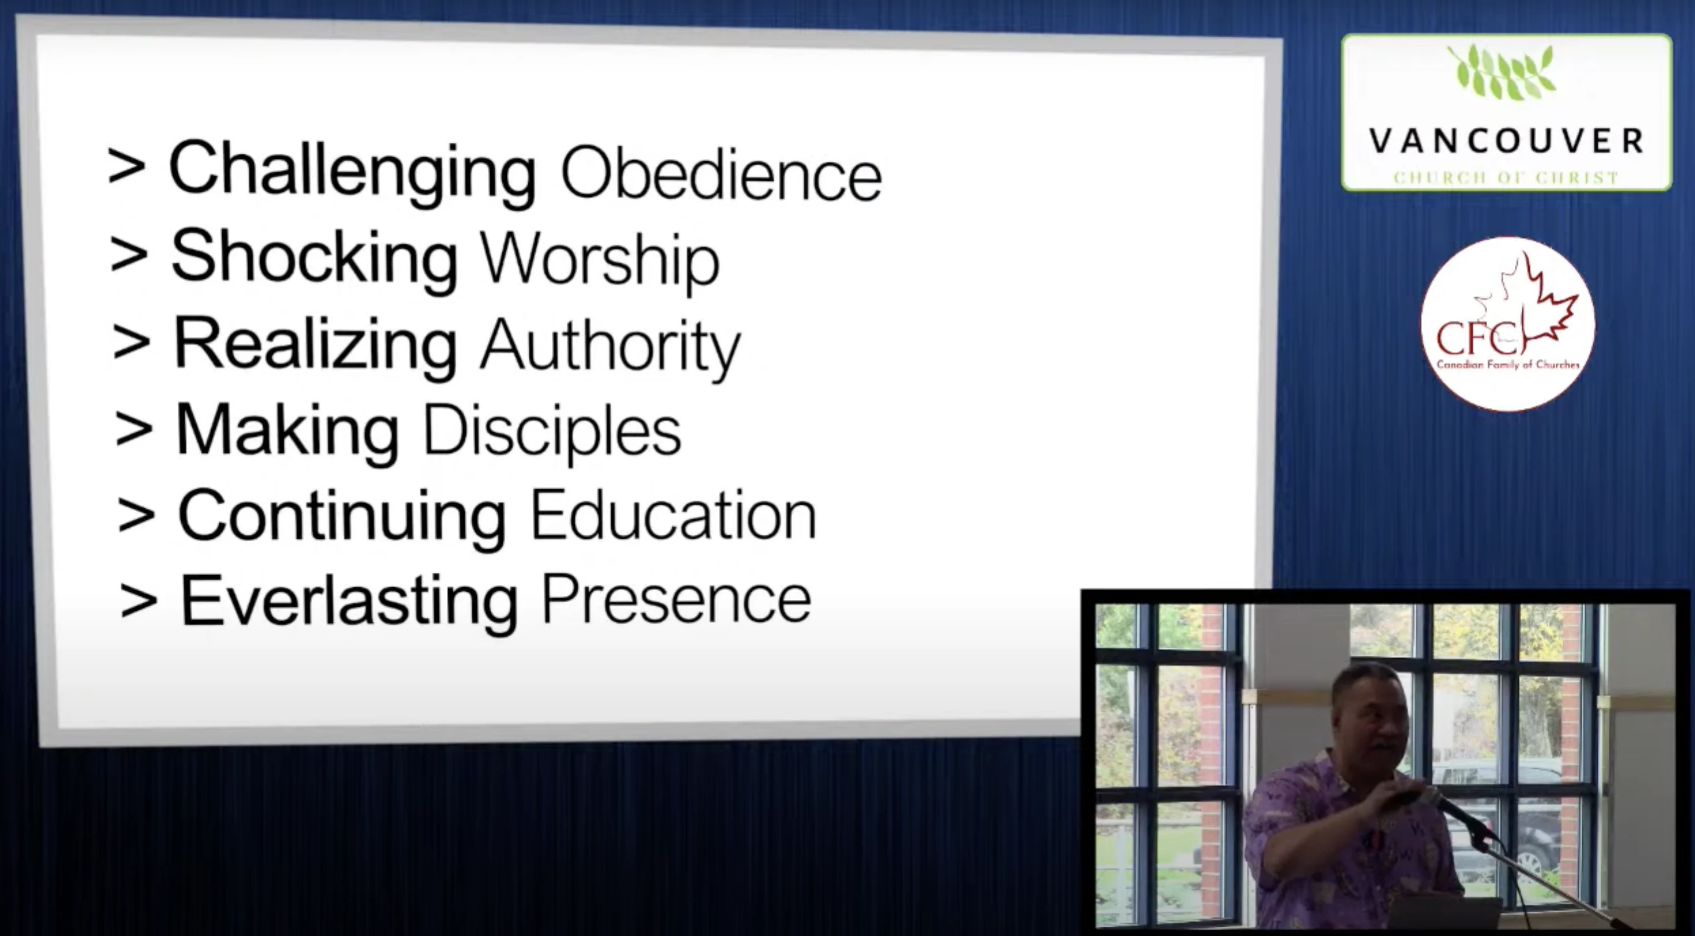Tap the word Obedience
click(720, 173)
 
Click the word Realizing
click(315, 345)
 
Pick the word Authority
click(610, 348)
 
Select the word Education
click(673, 515)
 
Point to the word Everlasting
click(349, 602)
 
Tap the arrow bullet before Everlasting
click(139, 602)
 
